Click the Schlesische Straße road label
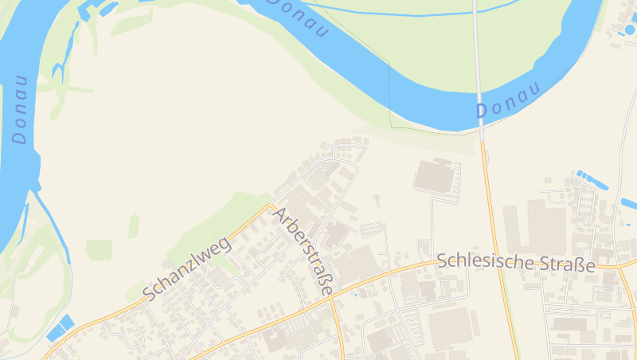516,263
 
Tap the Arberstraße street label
302,251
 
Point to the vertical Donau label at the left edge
20,109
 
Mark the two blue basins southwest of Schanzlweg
60,327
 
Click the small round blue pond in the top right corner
630,29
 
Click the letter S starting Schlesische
443,260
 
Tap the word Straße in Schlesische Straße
566,264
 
